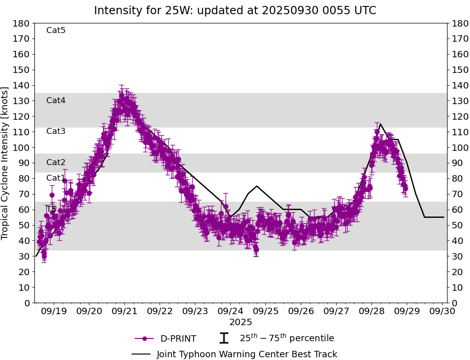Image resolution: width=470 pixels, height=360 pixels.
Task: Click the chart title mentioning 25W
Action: click(x=235, y=11)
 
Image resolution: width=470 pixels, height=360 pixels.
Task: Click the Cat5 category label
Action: click(x=56, y=30)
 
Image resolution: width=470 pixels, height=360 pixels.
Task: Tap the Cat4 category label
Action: click(x=56, y=100)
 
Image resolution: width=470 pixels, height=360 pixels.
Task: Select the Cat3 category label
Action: click(x=56, y=131)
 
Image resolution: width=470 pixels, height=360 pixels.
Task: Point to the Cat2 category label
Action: click(x=56, y=162)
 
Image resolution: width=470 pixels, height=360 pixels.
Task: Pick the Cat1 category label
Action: click(x=56, y=178)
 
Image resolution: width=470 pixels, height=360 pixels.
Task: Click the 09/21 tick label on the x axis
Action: click(x=124, y=311)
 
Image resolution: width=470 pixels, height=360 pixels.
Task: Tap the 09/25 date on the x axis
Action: click(x=265, y=311)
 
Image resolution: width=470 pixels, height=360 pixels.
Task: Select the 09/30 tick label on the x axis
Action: click(x=442, y=311)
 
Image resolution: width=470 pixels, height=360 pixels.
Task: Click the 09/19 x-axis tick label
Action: click(x=54, y=311)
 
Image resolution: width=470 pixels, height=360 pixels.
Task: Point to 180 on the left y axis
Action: click(x=22, y=23)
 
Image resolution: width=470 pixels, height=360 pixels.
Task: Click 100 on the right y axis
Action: click(x=459, y=148)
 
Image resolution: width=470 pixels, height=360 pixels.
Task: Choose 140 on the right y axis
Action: click(x=459, y=85)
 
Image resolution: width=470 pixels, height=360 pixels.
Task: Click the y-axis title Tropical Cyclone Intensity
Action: click(x=6, y=163)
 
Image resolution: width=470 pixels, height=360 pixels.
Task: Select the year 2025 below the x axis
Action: click(x=241, y=322)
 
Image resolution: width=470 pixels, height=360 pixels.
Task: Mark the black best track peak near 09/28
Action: click(x=380, y=124)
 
